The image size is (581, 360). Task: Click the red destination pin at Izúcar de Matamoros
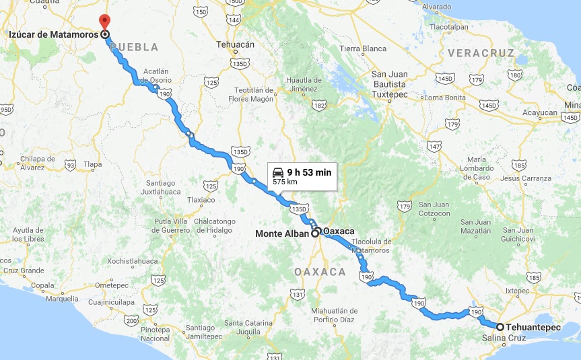[x=103, y=21]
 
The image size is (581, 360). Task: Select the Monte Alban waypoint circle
[x=315, y=234]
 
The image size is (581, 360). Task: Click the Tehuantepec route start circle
[x=500, y=326]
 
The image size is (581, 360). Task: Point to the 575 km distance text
[x=285, y=182]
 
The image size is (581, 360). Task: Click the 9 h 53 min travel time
[x=309, y=172]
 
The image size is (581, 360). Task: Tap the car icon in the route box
[x=277, y=173]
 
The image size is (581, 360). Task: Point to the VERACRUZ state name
[x=479, y=51]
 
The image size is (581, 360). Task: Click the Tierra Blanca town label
[x=363, y=48]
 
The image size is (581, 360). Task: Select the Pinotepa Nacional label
[x=156, y=334]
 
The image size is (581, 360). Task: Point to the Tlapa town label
[x=92, y=164]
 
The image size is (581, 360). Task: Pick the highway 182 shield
[x=319, y=106]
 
